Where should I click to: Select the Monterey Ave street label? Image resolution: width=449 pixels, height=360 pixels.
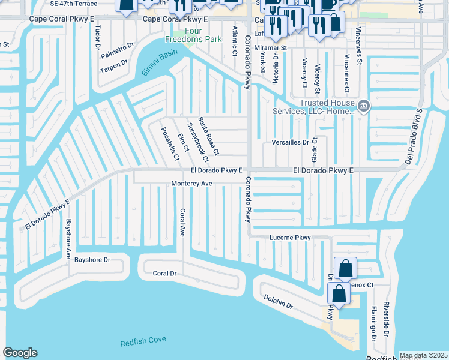coord(192,183)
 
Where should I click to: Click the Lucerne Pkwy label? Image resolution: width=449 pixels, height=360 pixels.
coord(290,238)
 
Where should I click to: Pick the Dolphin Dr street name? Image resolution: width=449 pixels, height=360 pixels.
coord(277,302)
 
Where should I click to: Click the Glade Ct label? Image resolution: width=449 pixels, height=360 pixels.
coord(314,148)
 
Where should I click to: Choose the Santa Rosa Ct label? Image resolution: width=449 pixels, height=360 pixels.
coord(209,135)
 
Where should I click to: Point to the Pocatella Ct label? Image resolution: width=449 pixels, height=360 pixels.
coord(169,144)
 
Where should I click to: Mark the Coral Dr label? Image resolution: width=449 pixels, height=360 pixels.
coord(164,273)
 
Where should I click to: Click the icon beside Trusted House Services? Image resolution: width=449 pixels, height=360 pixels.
coord(363,106)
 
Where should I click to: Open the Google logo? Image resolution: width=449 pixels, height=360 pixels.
coord(20,353)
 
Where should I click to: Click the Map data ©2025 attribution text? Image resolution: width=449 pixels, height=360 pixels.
coord(423,355)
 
